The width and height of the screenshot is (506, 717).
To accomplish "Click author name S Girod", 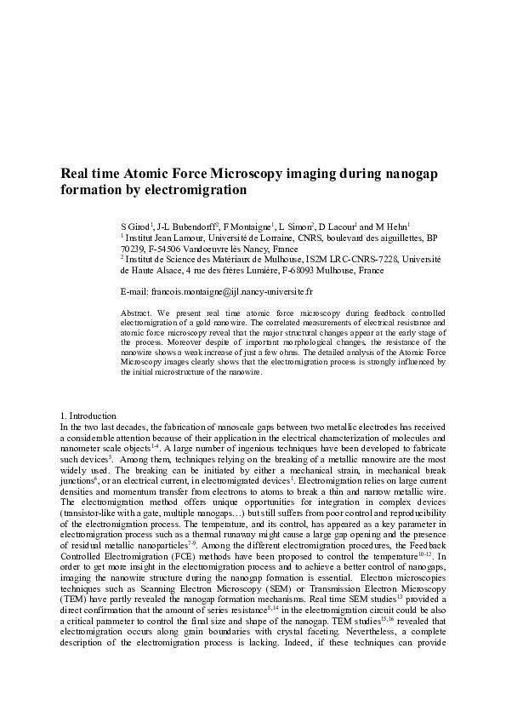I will tap(135, 227).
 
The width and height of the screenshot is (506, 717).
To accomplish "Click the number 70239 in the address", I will tap(133, 249).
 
